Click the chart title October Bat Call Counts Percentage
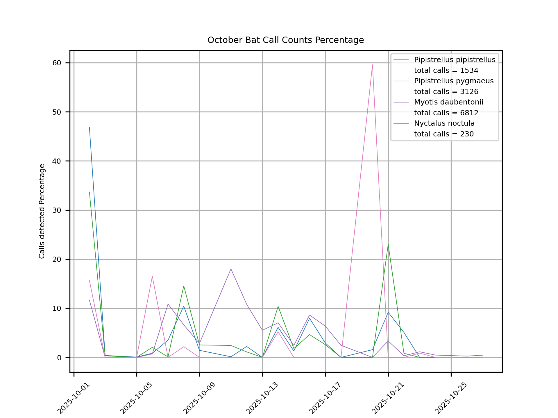pos(285,40)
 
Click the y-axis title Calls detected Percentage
pos(42,211)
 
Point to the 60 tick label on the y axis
pos(57,63)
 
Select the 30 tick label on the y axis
pos(57,210)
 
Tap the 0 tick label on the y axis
pos(59,358)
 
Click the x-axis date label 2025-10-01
pos(74,398)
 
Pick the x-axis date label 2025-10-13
pos(262,398)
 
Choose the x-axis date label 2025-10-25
pos(450,398)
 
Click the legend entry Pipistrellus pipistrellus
pos(455,60)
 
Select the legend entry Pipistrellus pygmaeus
pos(454,81)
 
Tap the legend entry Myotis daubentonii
pos(448,102)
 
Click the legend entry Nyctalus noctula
pos(444,123)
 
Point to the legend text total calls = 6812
pos(446,113)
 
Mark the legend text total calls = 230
pos(444,134)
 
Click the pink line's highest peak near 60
pos(372,65)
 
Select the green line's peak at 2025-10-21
pos(388,244)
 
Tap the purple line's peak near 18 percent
pos(231,269)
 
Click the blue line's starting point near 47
pos(90,127)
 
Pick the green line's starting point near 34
pos(90,192)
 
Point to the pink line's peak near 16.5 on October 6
pos(152,276)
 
